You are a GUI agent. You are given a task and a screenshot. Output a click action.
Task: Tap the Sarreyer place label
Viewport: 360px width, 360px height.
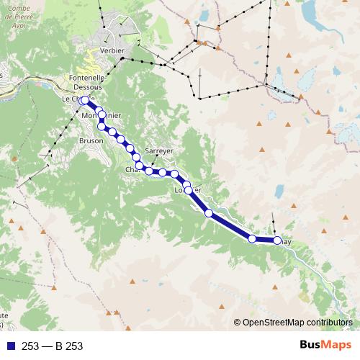coord(159,151)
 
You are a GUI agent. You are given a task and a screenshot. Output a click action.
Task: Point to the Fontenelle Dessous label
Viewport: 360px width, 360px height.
coord(89,82)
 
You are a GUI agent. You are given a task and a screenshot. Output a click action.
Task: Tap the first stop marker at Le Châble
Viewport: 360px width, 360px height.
coord(85,100)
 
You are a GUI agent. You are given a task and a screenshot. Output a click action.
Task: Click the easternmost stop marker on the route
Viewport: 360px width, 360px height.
coord(277,240)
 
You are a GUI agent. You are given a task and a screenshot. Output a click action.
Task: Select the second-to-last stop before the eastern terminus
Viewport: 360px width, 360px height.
coord(252,238)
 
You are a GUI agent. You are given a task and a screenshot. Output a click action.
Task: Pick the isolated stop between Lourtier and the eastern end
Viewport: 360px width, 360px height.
coord(209,213)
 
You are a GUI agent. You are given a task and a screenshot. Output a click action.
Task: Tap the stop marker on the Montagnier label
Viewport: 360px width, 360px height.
coord(102,115)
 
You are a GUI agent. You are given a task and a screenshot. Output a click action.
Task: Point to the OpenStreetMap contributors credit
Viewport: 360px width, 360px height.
coord(297,323)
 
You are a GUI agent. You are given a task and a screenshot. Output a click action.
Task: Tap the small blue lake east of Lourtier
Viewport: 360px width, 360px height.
coord(279,191)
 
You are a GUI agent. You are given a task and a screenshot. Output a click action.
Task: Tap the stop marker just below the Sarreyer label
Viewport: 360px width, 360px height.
coord(163,172)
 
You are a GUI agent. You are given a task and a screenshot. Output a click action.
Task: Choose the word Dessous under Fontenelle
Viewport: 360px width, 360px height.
coord(89,86)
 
